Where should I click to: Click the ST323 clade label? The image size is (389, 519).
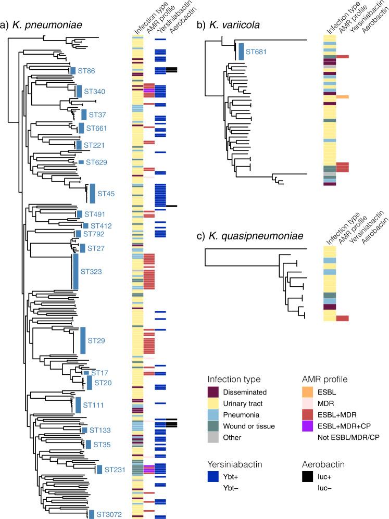point(91,271)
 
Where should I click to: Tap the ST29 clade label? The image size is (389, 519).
point(97,341)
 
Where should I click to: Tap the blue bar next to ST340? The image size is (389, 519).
point(79,91)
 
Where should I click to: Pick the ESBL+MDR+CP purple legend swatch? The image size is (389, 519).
point(326,427)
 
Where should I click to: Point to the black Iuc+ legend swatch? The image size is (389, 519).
point(326,471)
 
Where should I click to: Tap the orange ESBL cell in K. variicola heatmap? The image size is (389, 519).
point(343,97)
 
